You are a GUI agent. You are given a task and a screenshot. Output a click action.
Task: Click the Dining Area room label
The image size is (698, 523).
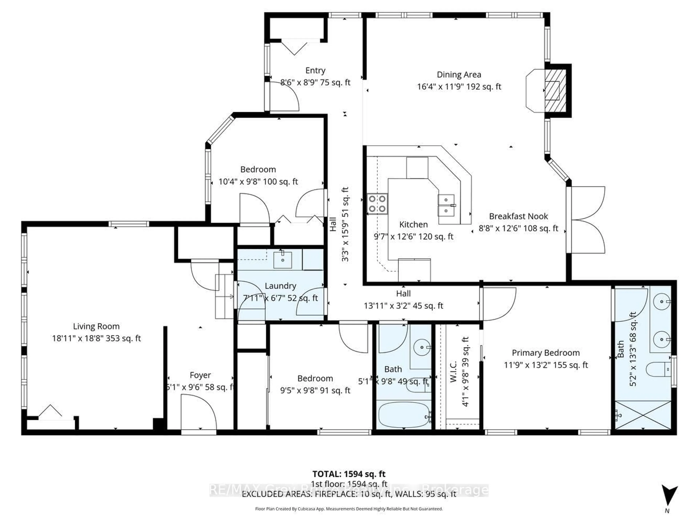(459, 75)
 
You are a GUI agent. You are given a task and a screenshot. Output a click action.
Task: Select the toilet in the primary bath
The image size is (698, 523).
(658, 369)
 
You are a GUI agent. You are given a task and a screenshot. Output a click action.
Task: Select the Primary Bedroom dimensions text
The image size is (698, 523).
(546, 365)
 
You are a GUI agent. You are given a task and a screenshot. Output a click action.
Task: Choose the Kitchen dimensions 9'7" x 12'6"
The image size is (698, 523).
(413, 237)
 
